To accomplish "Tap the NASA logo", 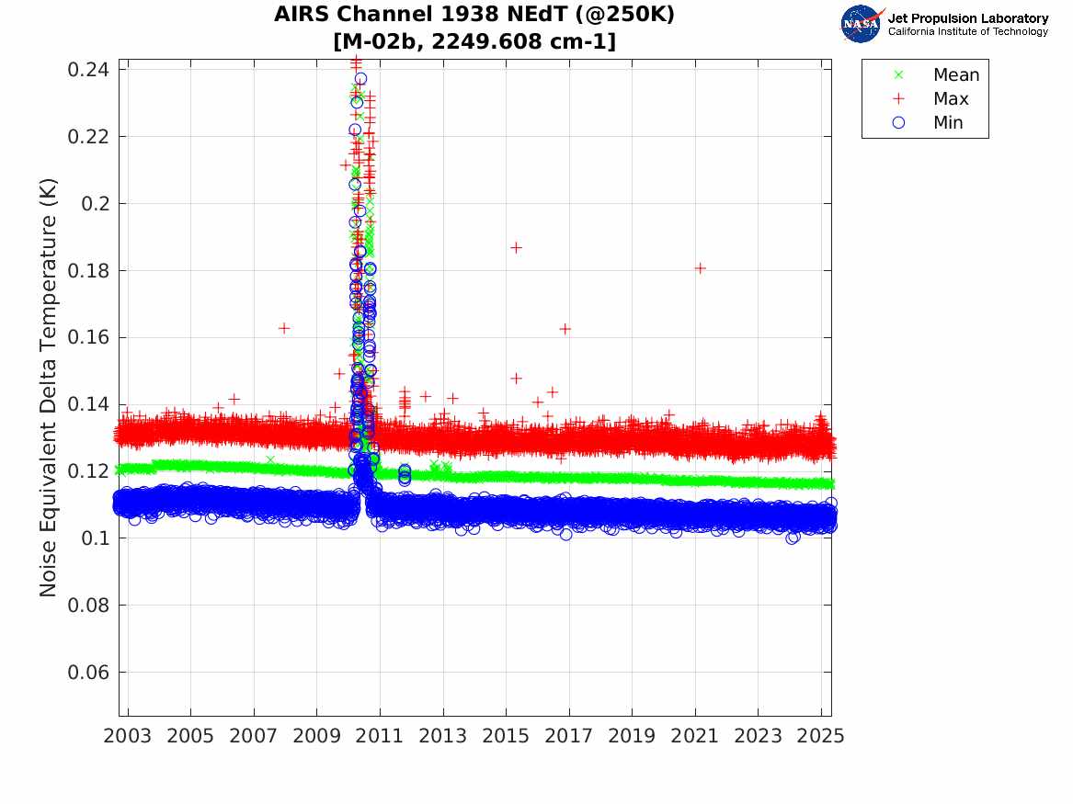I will [861, 24].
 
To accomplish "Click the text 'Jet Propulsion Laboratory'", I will [967, 18].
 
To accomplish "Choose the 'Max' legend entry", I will [951, 99].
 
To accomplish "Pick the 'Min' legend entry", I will [948, 123].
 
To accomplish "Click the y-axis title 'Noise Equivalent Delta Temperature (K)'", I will [49, 387].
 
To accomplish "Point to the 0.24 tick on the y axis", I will [87, 70].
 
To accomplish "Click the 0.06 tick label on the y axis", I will [87, 673].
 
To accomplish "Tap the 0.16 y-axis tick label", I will [87, 338].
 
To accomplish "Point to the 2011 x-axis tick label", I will [380, 736].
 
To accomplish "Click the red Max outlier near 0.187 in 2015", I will [517, 247].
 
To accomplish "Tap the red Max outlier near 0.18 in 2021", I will [700, 268].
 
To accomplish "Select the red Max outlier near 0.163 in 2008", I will [284, 328].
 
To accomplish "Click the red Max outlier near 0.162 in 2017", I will [565, 329].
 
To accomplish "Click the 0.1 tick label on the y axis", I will [95, 538].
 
